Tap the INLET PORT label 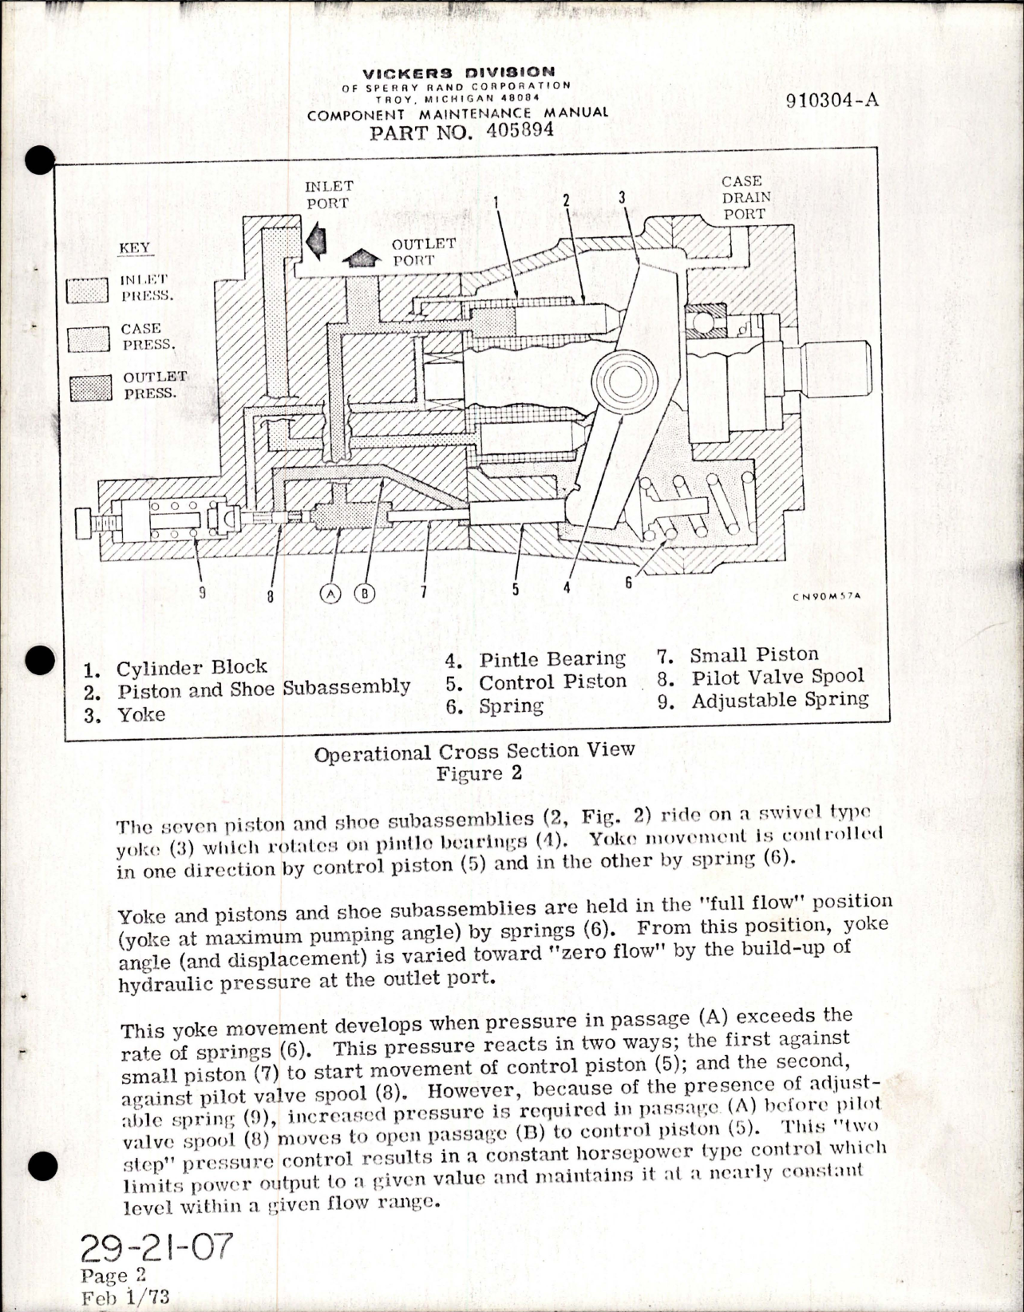[328, 194]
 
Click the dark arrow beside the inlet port [317, 241]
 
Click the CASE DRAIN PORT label [745, 197]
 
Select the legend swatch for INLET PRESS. [87, 290]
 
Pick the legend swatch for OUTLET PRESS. [90, 389]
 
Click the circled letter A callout [330, 593]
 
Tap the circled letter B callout [365, 593]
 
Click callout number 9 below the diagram [203, 592]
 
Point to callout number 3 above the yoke [622, 196]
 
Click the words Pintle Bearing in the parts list [552, 659]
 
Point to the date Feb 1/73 [125, 1296]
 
